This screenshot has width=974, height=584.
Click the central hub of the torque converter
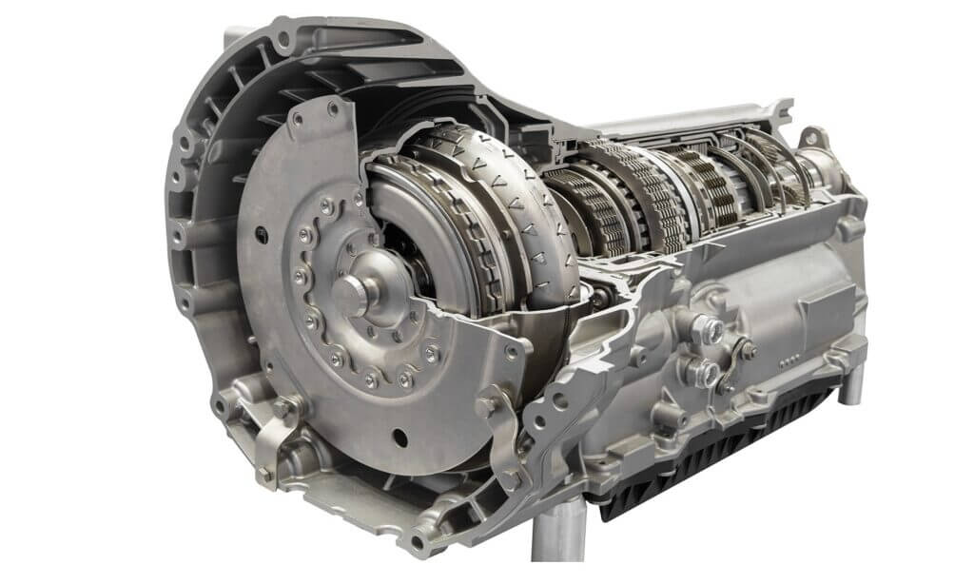pos(349,297)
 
